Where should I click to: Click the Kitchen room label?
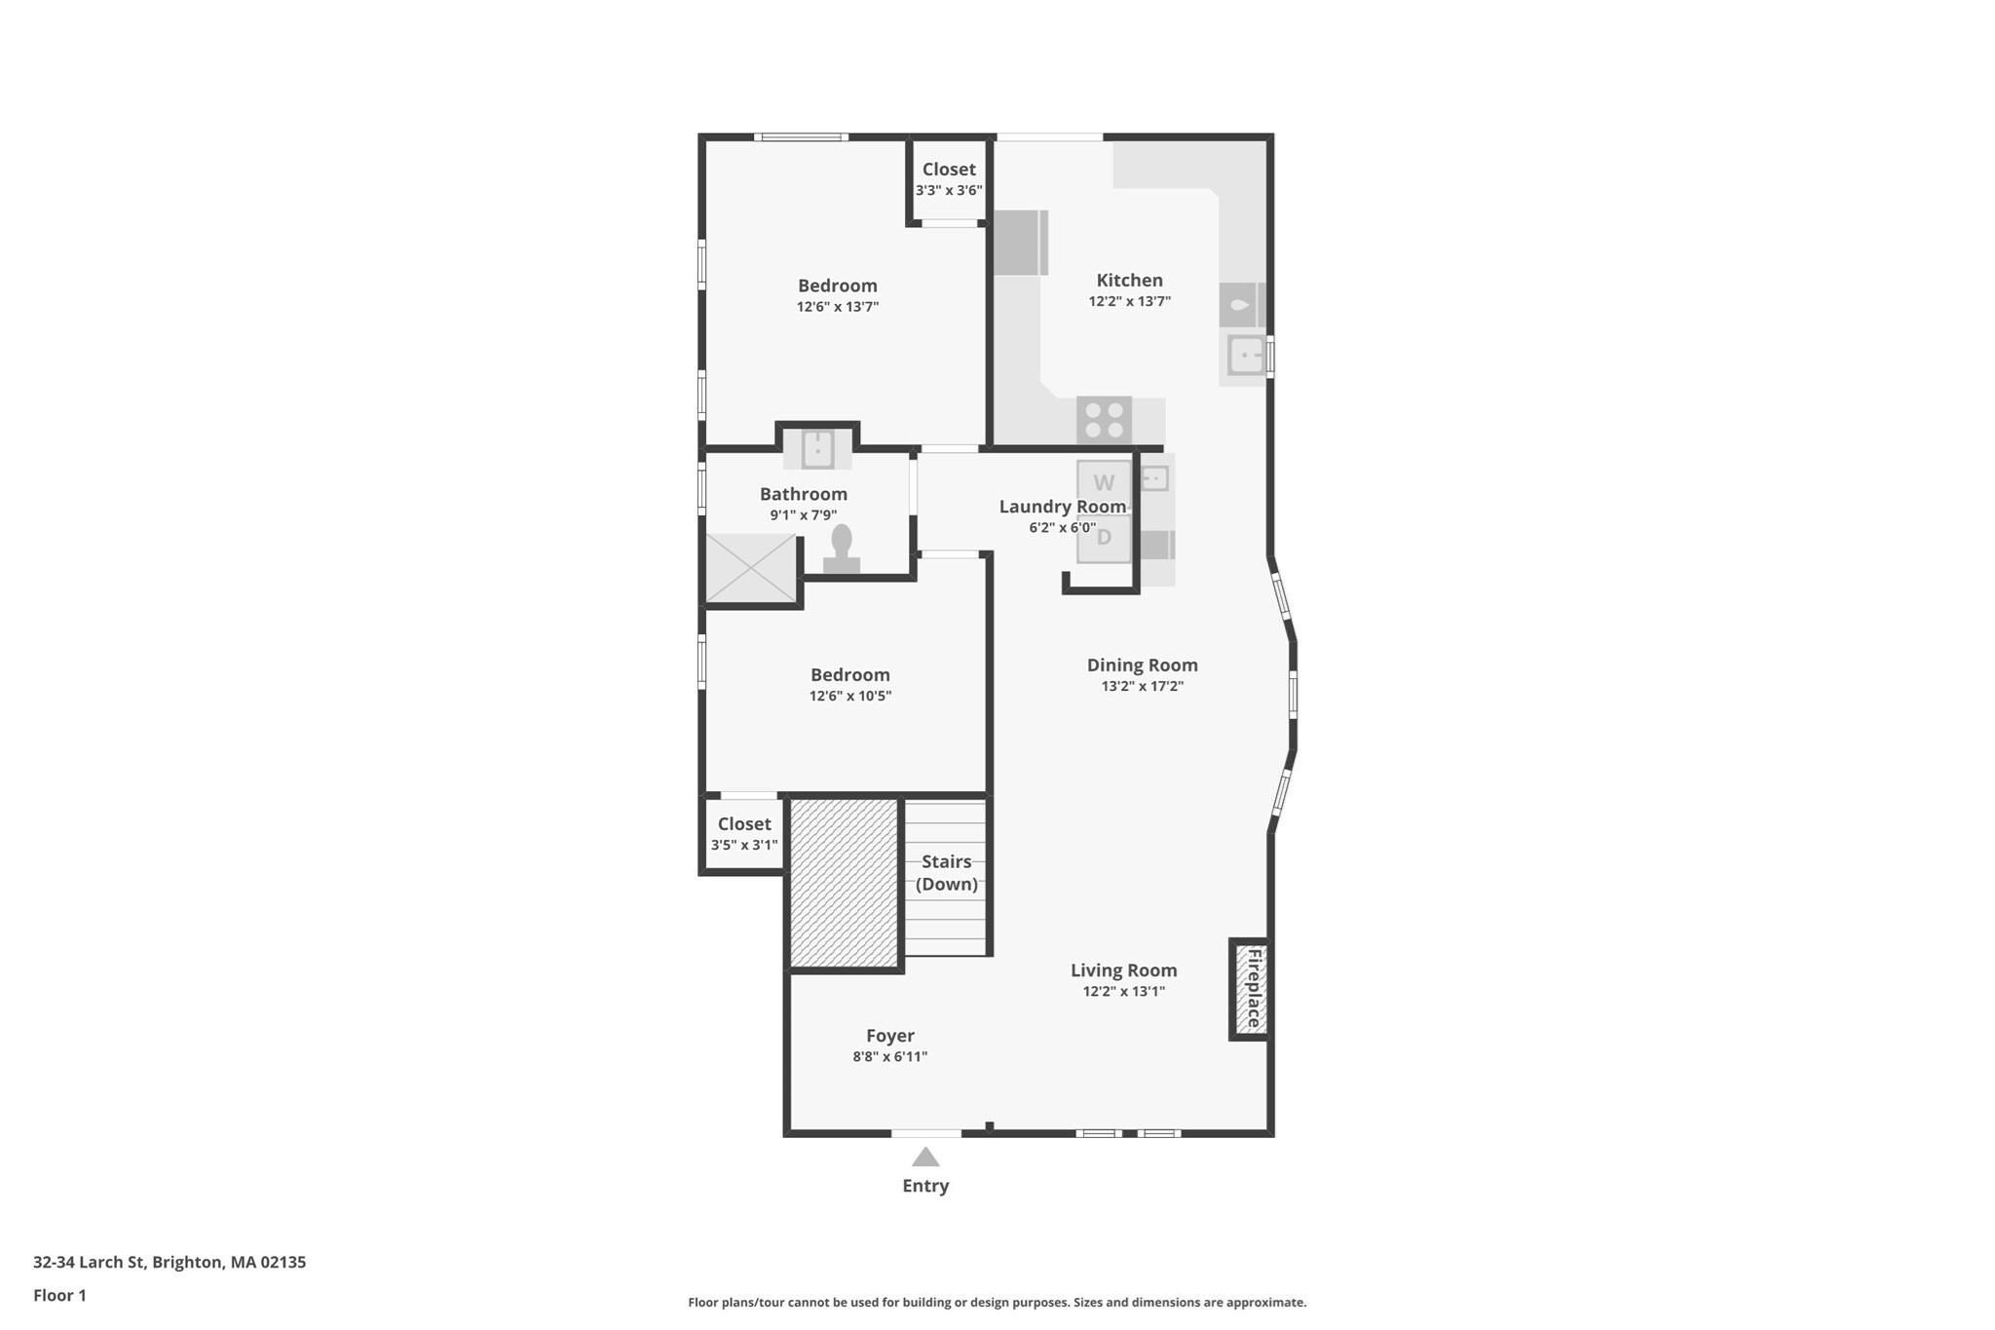1129,281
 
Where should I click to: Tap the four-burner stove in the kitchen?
1104,421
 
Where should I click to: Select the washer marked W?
1104,483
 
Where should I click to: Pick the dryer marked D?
1104,537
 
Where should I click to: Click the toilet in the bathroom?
842,551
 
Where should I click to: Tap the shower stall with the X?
750,568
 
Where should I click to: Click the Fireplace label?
1253,988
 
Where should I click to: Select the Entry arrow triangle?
925,1158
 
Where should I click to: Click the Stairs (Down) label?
946,873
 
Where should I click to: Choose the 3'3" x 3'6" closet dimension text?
949,191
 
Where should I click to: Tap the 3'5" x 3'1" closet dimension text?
744,845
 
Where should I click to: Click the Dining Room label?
1142,665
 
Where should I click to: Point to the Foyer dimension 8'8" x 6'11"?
889,1056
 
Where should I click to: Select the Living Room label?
1123,970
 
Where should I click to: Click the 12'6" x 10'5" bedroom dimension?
849,696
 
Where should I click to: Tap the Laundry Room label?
1062,507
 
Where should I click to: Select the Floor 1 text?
59,1295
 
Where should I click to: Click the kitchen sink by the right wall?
1245,356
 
